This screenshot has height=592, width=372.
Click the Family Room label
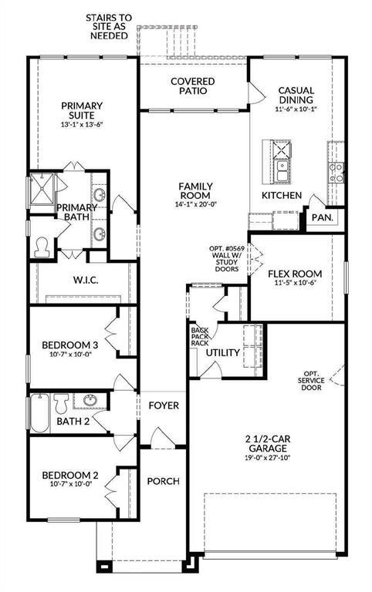[195, 190]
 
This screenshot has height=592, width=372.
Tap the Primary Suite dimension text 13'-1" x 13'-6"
[82, 125]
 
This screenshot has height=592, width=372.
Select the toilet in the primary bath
[42, 247]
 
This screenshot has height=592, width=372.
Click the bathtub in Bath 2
[39, 413]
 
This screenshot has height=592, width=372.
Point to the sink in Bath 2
[90, 400]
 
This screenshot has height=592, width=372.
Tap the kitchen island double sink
[282, 170]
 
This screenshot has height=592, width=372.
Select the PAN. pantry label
[323, 218]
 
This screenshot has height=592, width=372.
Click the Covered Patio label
[193, 86]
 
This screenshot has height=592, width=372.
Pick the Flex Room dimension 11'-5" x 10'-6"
[295, 282]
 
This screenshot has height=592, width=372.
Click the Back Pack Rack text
[199, 336]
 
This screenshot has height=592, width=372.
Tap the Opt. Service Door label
[311, 381]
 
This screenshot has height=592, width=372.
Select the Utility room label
[223, 352]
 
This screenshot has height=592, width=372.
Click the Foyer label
[164, 405]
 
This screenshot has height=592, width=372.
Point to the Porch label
[163, 481]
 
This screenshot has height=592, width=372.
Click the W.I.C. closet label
[86, 280]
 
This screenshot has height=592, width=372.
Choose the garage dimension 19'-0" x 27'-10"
[268, 459]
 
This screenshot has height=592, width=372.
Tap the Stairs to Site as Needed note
[109, 27]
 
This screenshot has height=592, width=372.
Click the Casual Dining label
[296, 95]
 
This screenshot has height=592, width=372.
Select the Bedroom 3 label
[70, 345]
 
